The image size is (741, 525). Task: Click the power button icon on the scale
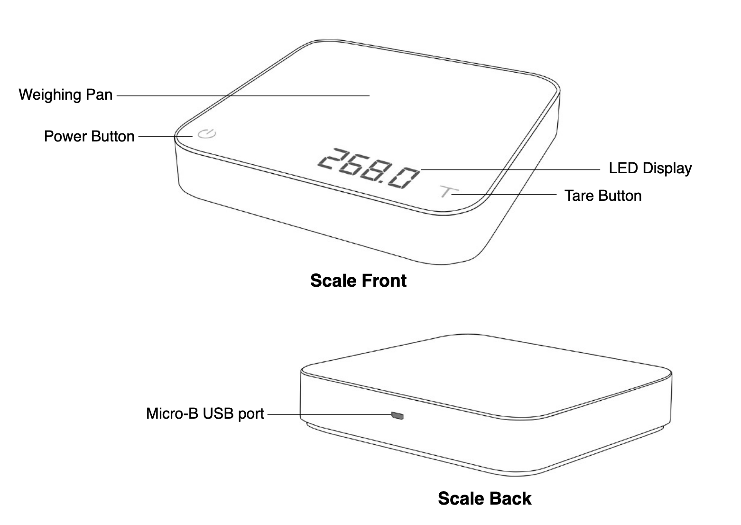click(x=207, y=134)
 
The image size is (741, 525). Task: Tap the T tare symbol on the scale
click(x=449, y=191)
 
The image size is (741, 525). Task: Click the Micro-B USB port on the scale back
click(x=397, y=415)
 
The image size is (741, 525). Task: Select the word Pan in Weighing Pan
click(x=99, y=94)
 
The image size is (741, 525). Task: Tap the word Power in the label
click(x=65, y=136)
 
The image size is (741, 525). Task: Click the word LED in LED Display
click(x=623, y=168)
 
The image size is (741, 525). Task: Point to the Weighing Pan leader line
click(x=243, y=96)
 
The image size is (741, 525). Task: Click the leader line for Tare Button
click(x=504, y=195)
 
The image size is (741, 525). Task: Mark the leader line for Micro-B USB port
click(x=330, y=414)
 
